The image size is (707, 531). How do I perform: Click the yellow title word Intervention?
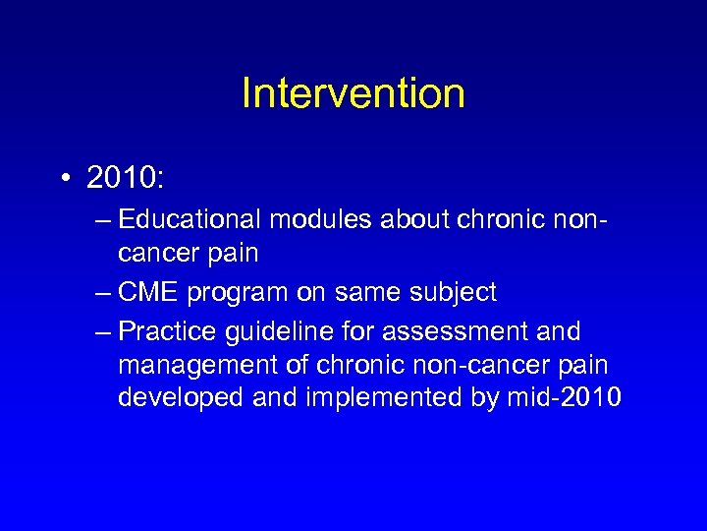tap(353, 93)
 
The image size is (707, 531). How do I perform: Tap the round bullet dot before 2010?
tap(64, 179)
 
